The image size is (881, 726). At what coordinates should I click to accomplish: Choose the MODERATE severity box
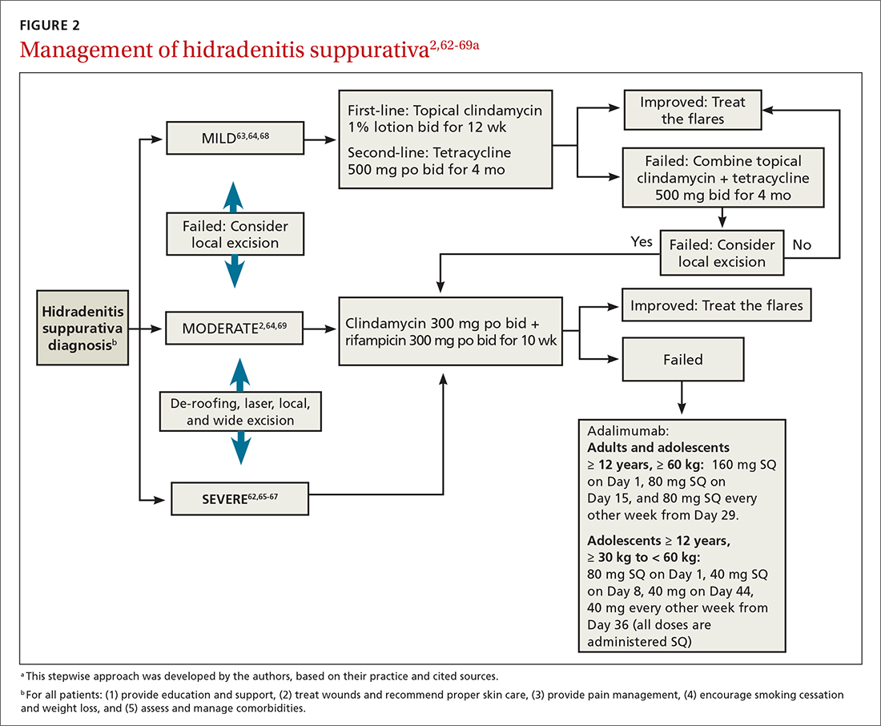235,328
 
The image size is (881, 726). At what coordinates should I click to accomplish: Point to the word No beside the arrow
802,245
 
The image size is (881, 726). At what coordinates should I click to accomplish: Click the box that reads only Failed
682,360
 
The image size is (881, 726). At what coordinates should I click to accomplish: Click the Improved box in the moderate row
716,305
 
